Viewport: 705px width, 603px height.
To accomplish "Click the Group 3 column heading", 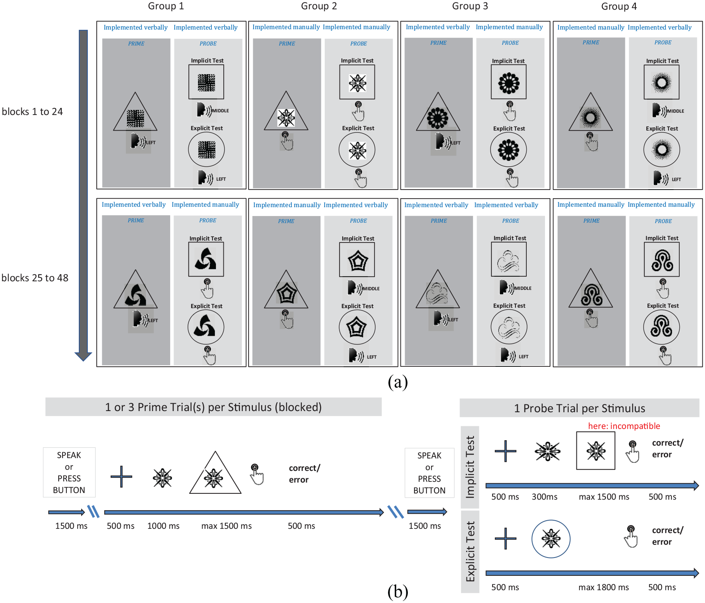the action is point(470,6).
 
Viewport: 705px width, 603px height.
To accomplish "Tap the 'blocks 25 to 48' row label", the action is point(35,278).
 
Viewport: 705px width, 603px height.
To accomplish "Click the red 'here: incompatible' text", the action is point(624,426).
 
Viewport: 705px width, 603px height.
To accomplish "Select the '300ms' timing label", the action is point(544,497).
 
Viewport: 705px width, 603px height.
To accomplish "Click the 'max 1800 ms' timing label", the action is point(603,587).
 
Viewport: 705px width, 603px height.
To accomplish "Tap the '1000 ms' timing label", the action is point(163,526).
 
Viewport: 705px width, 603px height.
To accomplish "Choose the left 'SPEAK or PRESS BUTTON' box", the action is point(69,472).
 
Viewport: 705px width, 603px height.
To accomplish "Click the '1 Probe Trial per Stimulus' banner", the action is point(579,408).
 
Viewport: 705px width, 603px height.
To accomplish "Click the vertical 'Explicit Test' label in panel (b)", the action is point(470,552).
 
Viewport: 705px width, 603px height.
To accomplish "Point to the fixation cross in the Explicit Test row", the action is point(505,539).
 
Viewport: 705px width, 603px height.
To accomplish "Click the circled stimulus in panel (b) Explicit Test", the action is point(551,539).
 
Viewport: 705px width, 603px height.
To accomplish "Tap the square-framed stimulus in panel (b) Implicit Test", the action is point(595,451).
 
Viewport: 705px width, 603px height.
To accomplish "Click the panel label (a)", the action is point(398,382).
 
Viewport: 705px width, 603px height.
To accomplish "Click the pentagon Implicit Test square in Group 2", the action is point(357,260).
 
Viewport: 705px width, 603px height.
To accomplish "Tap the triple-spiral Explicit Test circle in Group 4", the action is point(661,327).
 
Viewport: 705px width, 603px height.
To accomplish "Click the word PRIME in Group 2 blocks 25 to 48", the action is point(286,221).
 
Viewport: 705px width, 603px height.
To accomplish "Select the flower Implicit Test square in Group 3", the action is point(508,82).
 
